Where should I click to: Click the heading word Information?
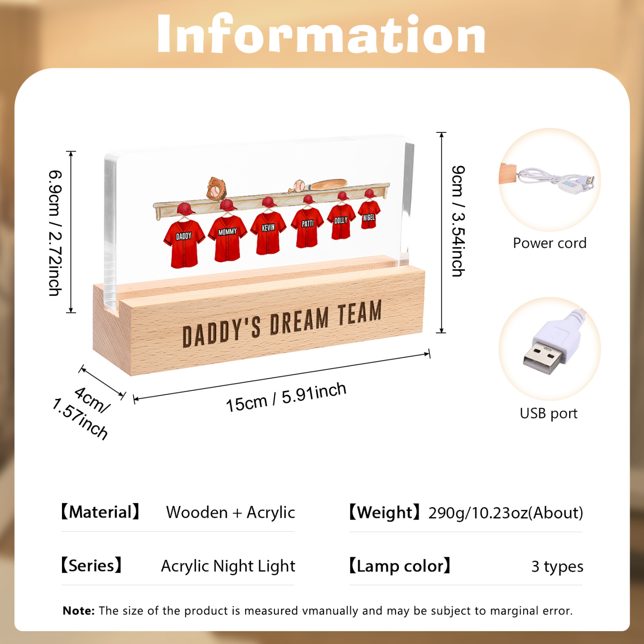coord(321,34)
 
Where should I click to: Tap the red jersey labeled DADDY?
coord(184,243)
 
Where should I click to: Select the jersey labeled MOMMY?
coord(227,238)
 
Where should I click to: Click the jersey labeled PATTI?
coord(307,227)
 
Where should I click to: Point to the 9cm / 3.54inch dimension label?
coord(458,221)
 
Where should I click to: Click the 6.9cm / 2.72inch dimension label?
coord(55,233)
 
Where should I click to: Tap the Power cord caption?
coord(550,243)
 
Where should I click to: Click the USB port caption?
coord(549,414)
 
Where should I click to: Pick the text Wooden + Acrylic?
coord(230,513)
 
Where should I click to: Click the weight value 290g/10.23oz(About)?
coord(506,513)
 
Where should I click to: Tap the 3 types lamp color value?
coord(557,567)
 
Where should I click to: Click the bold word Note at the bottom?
coord(79,611)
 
